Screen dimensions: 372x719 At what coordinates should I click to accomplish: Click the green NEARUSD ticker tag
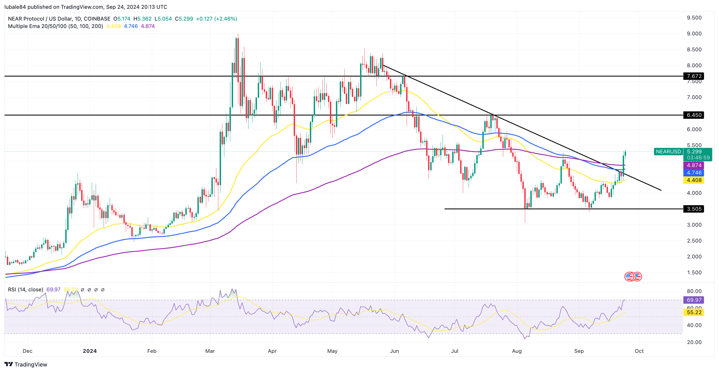pyautogui.click(x=668, y=152)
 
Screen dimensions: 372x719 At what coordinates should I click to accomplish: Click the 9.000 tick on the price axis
pyautogui.click(x=694, y=33)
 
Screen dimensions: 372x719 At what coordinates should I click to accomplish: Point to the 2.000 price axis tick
pyautogui.click(x=694, y=257)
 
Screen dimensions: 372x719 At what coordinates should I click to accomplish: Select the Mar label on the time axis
pyautogui.click(x=210, y=351)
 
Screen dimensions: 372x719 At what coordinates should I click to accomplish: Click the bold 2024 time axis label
pyautogui.click(x=90, y=351)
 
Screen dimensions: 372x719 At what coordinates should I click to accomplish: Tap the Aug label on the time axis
pyautogui.click(x=517, y=351)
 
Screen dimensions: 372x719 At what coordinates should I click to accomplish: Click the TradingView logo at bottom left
pyautogui.click(x=26, y=365)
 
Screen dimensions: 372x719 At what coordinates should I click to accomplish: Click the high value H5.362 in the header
pyautogui.click(x=142, y=19)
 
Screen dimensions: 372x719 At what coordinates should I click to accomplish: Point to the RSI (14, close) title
pyautogui.click(x=26, y=290)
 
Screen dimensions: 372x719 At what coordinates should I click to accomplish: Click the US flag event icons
pyautogui.click(x=633, y=277)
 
